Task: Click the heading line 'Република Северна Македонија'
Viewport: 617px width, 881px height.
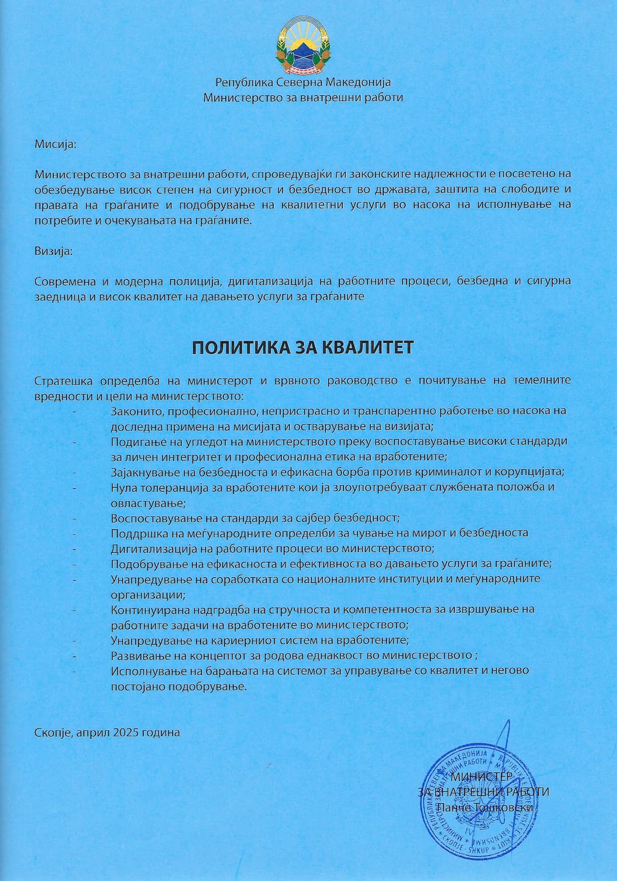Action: [303, 83]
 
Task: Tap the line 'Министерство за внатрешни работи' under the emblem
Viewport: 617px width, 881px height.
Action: [303, 98]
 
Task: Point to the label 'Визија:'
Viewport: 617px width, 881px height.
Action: [54, 251]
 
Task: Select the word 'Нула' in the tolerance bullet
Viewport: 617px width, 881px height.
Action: [123, 488]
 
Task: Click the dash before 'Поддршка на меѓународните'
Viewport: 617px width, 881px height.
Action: [75, 533]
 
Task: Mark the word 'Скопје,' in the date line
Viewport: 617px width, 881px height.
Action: [53, 732]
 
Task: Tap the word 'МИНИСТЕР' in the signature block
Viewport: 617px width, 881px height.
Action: [482, 777]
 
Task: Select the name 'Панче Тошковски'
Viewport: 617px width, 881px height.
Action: [484, 807]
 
